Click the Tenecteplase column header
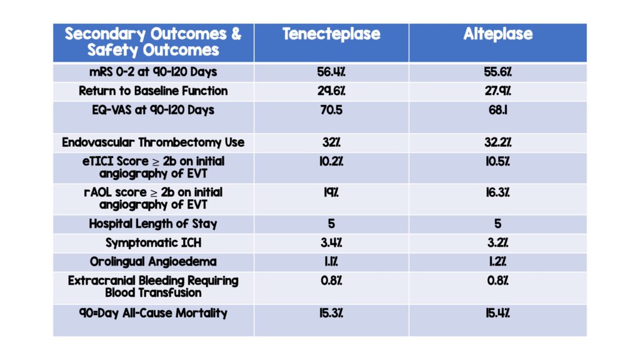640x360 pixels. pos(331,34)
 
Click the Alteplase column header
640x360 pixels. pos(497,34)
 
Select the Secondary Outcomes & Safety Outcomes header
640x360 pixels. pos(153,42)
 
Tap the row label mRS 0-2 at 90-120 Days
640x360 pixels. pos(153,71)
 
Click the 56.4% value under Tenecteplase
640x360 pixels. pos(331,71)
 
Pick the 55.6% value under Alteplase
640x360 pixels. pos(497,71)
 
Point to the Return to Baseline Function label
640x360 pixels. pos(153,91)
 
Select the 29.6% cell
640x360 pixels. pos(331,91)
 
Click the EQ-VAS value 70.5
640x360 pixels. pos(331,110)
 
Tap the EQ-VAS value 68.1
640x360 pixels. pos(497,110)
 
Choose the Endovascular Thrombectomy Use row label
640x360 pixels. pos(153,142)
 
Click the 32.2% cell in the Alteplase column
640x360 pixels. pos(497,142)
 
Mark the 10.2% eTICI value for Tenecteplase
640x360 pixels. pos(331,161)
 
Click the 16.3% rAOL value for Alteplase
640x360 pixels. pos(497,192)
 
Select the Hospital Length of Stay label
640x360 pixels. pos(153,224)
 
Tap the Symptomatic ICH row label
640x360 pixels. pos(153,242)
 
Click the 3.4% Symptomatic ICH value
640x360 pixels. pos(331,242)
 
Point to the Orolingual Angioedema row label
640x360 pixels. pos(153,261)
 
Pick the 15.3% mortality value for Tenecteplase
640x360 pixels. pos(331,312)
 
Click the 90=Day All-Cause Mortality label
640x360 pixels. pos(153,312)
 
